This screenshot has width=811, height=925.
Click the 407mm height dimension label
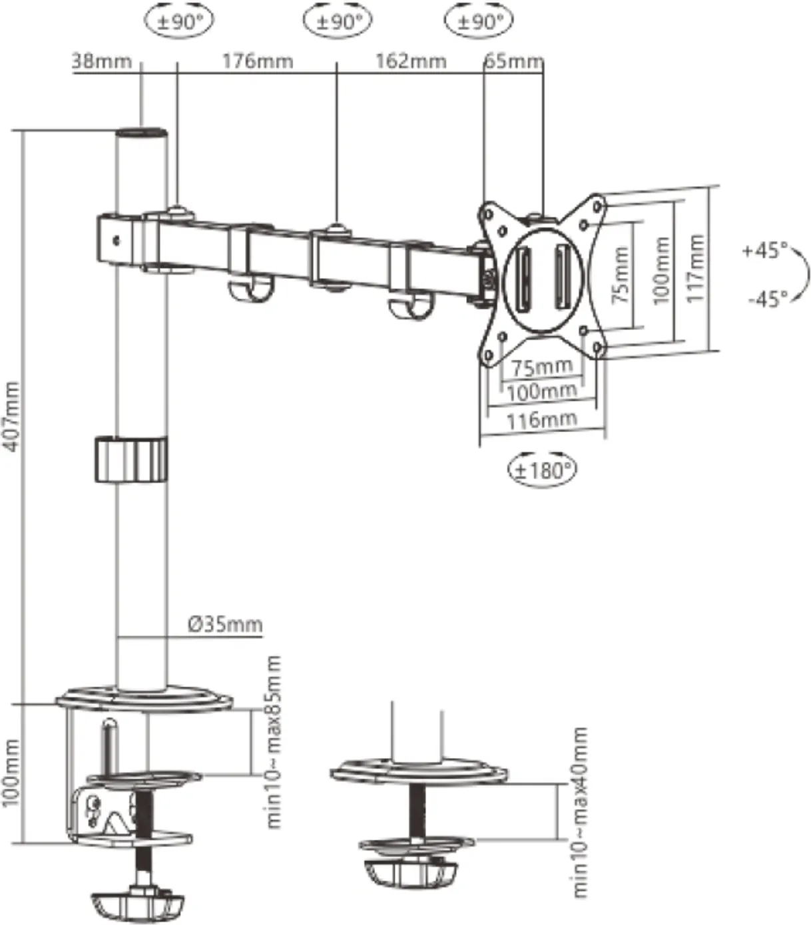point(11,416)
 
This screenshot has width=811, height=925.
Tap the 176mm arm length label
point(257,61)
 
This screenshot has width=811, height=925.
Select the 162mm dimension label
point(411,61)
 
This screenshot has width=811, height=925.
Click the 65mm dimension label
point(513,61)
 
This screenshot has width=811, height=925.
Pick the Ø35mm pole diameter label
point(225,624)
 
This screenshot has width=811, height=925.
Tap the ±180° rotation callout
point(542,470)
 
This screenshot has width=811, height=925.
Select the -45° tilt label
point(766,299)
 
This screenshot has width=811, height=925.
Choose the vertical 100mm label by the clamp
point(11,772)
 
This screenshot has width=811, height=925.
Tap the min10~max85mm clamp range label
point(274,742)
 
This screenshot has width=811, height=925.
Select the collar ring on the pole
point(130,459)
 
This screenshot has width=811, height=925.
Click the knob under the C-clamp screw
point(136,904)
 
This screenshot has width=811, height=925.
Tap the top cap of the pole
point(140,133)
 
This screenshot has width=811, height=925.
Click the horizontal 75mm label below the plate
point(541,367)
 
